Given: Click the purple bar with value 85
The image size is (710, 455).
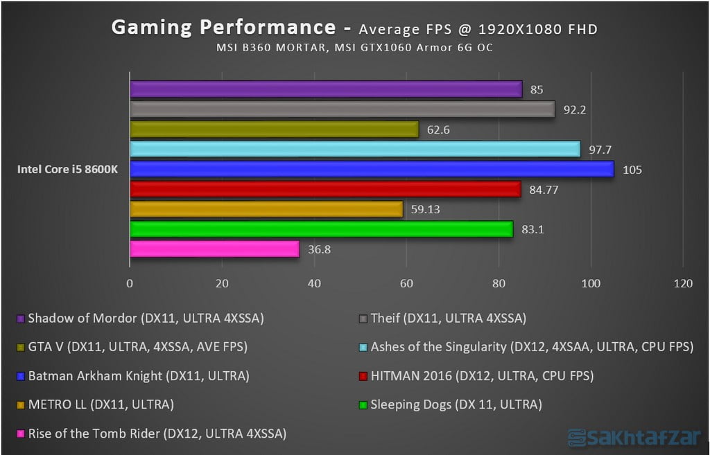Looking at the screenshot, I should point(326,89).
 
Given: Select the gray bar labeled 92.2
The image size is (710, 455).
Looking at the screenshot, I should point(342,109).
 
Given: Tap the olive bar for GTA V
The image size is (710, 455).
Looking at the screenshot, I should point(274,130).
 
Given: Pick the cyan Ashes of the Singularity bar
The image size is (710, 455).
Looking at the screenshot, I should point(355,150).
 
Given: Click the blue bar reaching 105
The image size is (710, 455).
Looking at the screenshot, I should point(372,169).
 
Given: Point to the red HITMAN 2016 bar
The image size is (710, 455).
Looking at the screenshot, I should point(325,189).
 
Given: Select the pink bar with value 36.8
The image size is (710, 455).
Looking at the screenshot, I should point(214,249).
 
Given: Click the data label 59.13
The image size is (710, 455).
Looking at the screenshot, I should point(425,209).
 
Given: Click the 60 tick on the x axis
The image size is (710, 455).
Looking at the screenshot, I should point(406,283).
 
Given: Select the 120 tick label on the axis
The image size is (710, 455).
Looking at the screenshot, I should point(683,283).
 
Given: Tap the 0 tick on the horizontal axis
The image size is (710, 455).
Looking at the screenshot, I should point(130,283).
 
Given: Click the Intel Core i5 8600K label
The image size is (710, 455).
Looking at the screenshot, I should point(67,168).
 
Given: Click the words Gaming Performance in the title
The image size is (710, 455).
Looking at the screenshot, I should point(224,28).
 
